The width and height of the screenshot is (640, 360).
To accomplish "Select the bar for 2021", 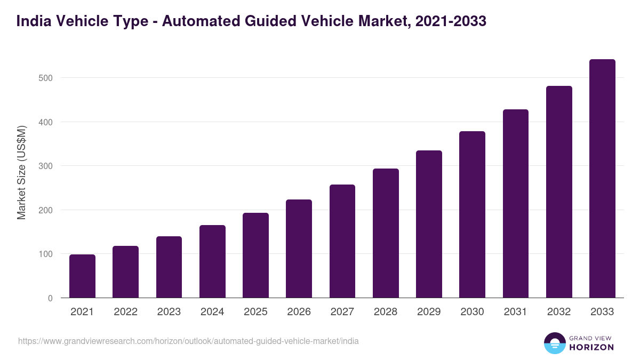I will (x=82, y=276).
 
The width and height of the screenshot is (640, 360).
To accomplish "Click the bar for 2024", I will (x=212, y=261).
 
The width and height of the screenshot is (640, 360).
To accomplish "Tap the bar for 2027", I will (x=342, y=241).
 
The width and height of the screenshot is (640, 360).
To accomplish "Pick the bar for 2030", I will (x=472, y=214).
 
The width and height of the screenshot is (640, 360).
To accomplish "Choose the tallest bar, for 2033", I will (x=602, y=179).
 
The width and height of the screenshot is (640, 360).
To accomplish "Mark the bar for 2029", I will (x=429, y=224).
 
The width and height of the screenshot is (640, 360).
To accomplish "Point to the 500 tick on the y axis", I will (x=46, y=78).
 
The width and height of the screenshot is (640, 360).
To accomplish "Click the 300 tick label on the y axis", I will (x=46, y=166).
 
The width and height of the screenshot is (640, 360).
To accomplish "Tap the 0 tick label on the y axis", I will (x=50, y=298).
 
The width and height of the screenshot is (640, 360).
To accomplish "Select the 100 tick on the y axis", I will (x=46, y=254).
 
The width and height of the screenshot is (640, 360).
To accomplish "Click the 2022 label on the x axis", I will (x=125, y=312).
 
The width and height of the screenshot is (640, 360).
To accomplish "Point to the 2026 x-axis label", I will (x=299, y=312).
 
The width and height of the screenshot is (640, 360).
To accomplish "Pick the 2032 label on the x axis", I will (x=559, y=312).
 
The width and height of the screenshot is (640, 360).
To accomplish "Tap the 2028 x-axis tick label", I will (x=386, y=312).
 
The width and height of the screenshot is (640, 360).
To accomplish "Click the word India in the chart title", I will (x=35, y=21).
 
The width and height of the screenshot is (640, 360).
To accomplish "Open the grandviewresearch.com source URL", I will (x=188, y=341).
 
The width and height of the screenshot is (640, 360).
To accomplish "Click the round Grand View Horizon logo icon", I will (x=554, y=343).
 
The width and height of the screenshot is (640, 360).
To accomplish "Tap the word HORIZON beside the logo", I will (x=591, y=347).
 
